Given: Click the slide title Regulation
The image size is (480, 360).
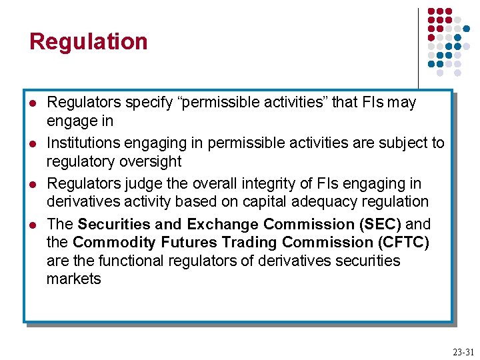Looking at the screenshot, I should pyautogui.click(x=88, y=41).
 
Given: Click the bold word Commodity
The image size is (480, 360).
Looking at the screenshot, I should pyautogui.click(x=110, y=242).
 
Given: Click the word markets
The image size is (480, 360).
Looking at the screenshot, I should pyautogui.click(x=73, y=279).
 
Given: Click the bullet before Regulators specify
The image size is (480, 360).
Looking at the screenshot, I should pyautogui.click(x=33, y=103).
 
